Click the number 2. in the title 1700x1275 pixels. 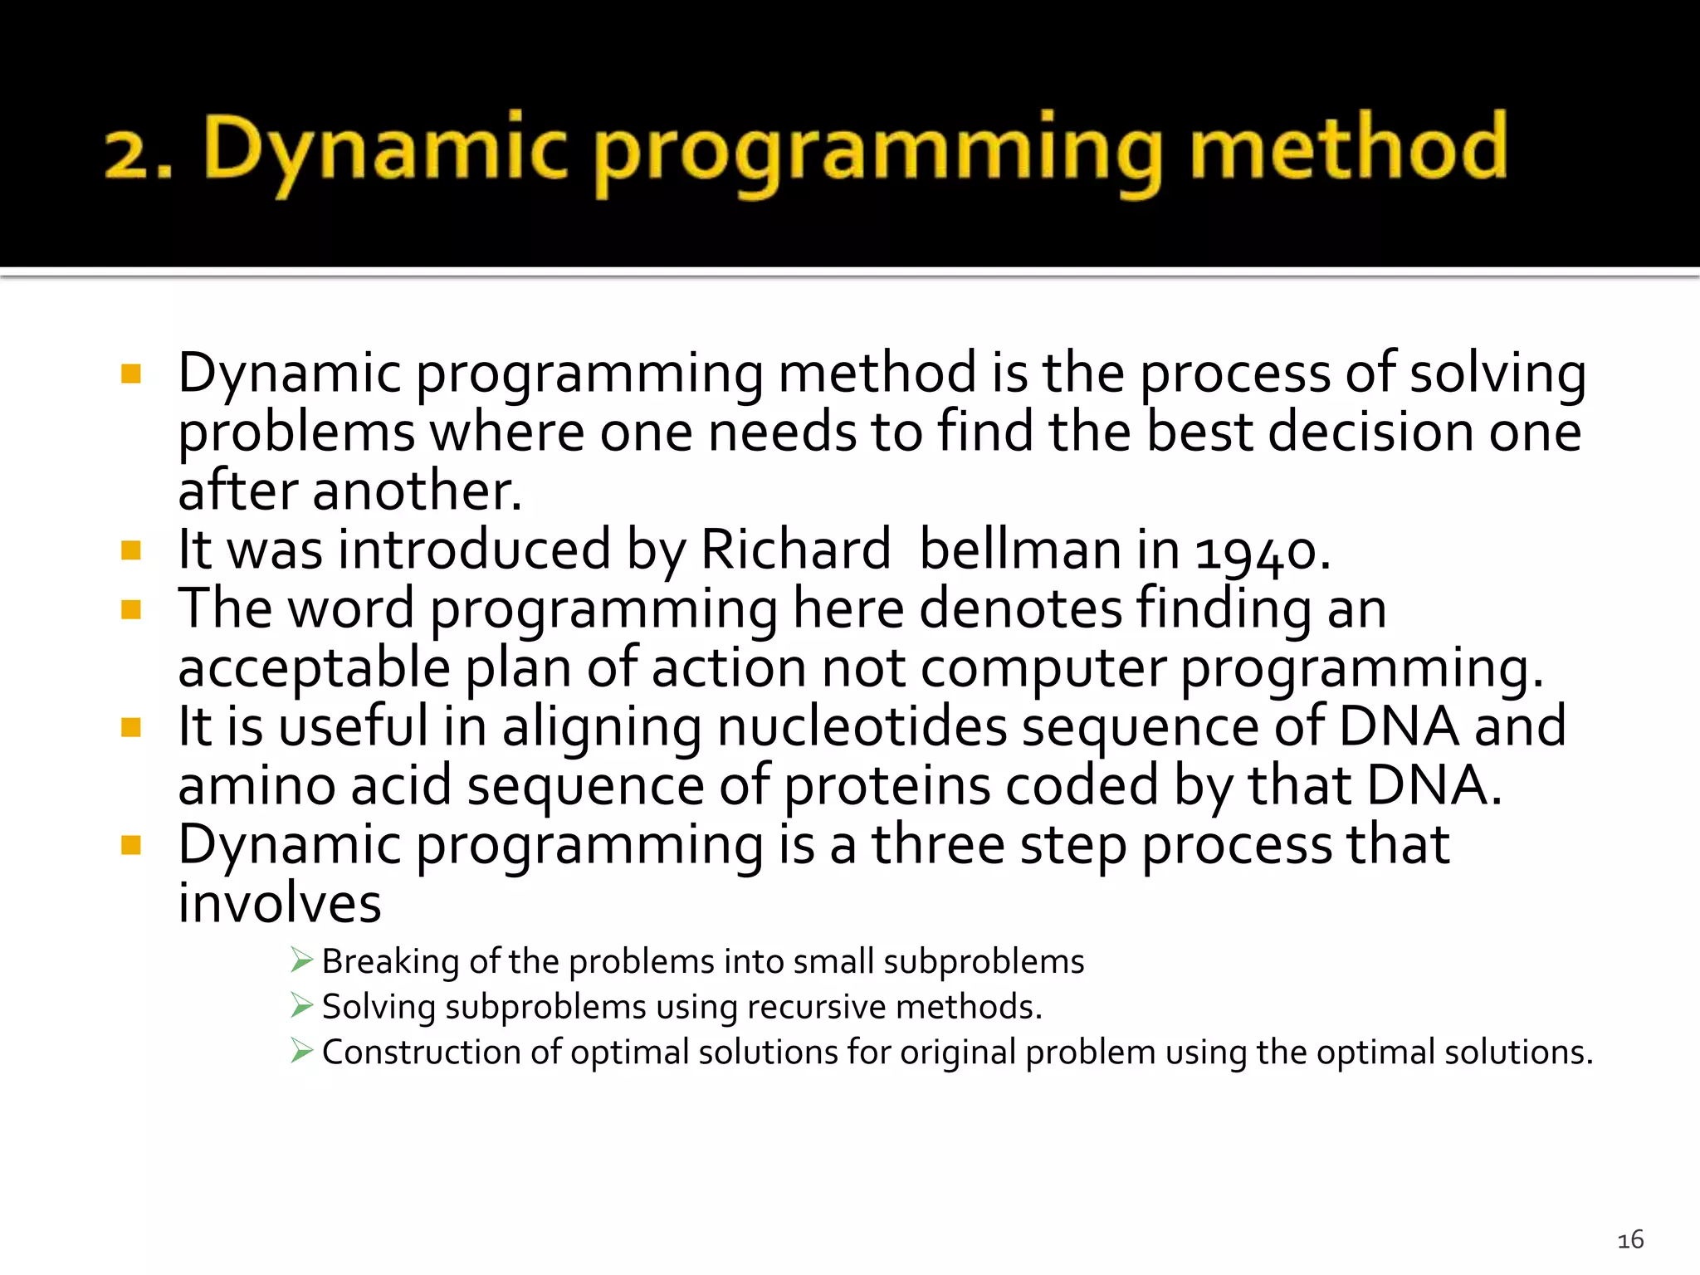point(138,154)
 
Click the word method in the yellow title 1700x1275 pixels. point(1348,148)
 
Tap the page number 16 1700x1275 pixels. point(1630,1239)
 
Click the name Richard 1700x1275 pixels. point(795,550)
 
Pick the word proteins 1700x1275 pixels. point(887,786)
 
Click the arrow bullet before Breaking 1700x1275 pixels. point(301,960)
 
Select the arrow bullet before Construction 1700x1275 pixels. point(301,1051)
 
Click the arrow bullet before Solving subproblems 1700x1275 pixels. point(301,1006)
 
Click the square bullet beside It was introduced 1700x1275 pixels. point(131,550)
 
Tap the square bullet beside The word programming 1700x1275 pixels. point(131,610)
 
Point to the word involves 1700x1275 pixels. point(280,904)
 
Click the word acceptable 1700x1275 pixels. point(314,668)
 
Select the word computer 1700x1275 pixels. point(1043,668)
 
